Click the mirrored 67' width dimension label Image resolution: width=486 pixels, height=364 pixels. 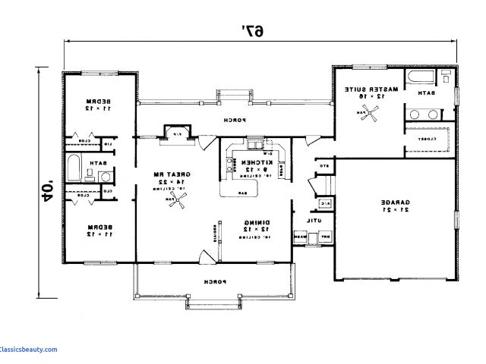coord(253,30)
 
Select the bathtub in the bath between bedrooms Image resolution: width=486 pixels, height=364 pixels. coord(75,166)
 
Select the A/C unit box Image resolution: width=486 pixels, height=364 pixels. coord(323,203)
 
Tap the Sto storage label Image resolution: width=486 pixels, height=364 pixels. coord(322,165)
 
